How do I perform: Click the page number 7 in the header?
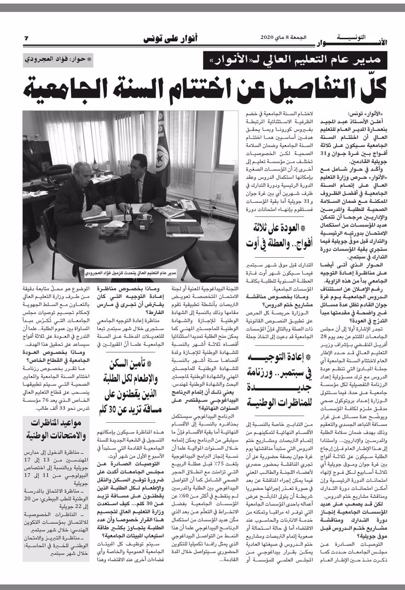pos(26,38)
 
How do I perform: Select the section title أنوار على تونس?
pos(171,38)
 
